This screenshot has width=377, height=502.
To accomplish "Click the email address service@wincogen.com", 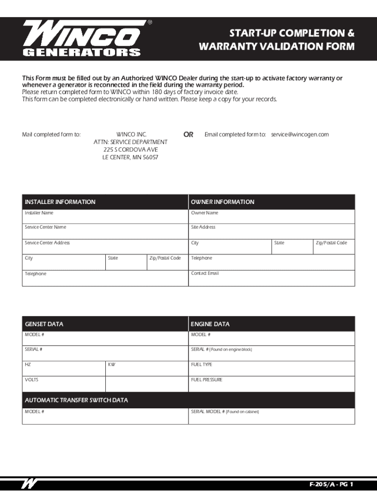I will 299,134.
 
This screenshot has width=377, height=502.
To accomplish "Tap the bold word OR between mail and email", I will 188,134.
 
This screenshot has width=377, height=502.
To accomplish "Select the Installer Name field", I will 105,217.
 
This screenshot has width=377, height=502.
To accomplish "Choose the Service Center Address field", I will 105,246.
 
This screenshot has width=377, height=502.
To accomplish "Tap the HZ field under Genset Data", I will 63,369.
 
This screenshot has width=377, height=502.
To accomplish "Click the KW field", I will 146,369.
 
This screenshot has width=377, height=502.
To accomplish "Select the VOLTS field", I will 63,384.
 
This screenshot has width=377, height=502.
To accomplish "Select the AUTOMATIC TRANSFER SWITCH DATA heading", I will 76,400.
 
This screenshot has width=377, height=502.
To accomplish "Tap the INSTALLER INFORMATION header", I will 60,202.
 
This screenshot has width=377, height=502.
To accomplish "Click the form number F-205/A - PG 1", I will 331,485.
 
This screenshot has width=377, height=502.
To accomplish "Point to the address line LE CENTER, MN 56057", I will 130,157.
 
